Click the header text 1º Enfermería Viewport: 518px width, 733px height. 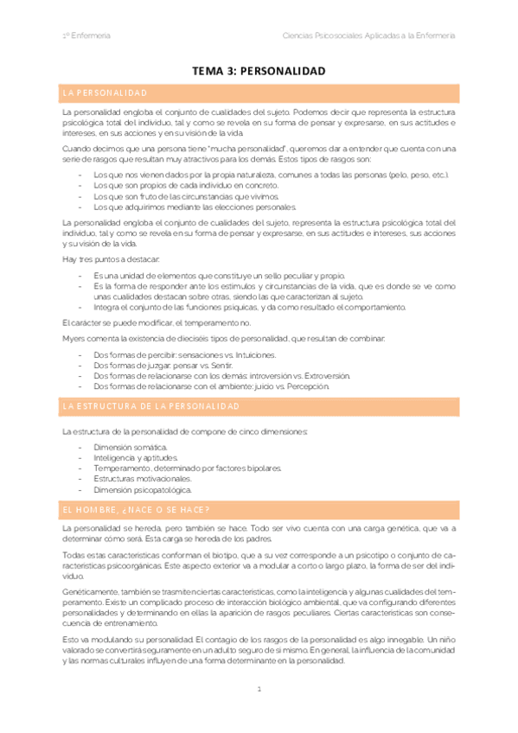[x=85, y=35]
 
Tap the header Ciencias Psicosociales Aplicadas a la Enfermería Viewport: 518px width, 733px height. [x=369, y=35]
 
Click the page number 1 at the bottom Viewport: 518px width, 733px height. [x=259, y=689]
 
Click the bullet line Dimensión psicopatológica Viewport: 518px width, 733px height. [x=142, y=489]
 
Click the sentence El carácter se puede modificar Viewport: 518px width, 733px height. [x=149, y=322]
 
